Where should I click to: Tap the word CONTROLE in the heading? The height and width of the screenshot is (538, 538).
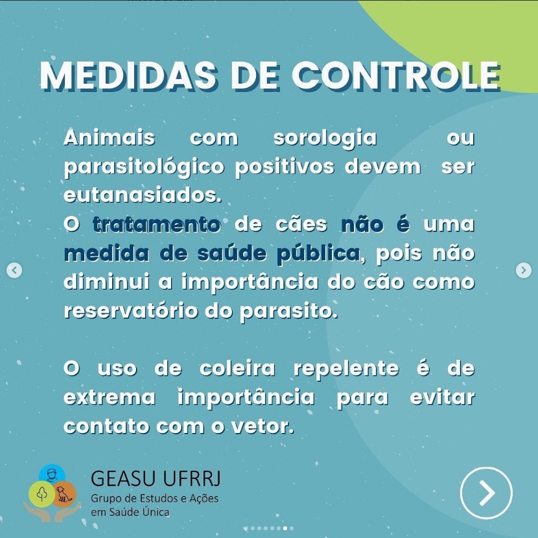coord(396,76)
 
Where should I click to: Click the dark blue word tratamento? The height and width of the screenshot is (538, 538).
coord(156,224)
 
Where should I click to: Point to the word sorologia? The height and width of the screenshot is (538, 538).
coord(325,138)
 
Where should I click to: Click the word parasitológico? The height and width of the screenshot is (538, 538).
coord(144,168)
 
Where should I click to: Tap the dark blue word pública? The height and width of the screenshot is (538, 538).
coord(318,254)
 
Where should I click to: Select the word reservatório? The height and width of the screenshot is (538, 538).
coord(131,311)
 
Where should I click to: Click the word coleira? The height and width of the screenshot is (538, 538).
coord(237,369)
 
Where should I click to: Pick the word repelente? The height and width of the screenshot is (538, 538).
coord(347,369)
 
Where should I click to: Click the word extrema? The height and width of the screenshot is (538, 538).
coord(110,398)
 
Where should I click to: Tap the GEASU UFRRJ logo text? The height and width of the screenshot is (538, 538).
coord(156,478)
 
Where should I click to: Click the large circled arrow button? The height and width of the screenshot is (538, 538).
coord(486,493)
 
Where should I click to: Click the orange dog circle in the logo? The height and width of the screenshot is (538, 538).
coord(64,494)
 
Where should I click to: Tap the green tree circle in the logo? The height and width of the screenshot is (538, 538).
coord(42,494)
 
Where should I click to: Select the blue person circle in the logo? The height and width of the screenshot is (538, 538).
coord(52,474)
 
